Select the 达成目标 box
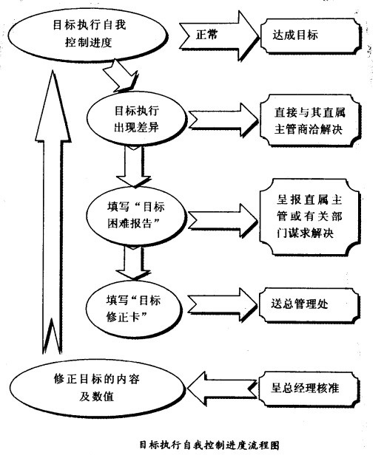click(x=310, y=35)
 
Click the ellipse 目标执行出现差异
click(x=137, y=119)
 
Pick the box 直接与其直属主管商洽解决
click(x=310, y=120)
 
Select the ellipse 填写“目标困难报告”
click(x=136, y=216)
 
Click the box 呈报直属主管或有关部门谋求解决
click(x=310, y=216)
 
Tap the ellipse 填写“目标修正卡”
click(x=134, y=309)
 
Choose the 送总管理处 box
click(x=309, y=305)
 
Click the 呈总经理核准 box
click(x=309, y=389)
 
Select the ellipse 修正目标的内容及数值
click(x=97, y=387)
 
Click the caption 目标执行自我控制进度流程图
click(x=209, y=445)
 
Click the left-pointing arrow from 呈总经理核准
click(x=223, y=389)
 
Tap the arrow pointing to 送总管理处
click(x=223, y=305)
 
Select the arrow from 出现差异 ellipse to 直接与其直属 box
click(x=223, y=120)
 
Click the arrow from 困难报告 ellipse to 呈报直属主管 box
click(x=223, y=220)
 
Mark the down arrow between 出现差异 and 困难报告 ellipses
click(x=134, y=166)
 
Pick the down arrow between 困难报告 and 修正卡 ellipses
click(x=134, y=262)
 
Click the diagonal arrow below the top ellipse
click(x=121, y=76)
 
